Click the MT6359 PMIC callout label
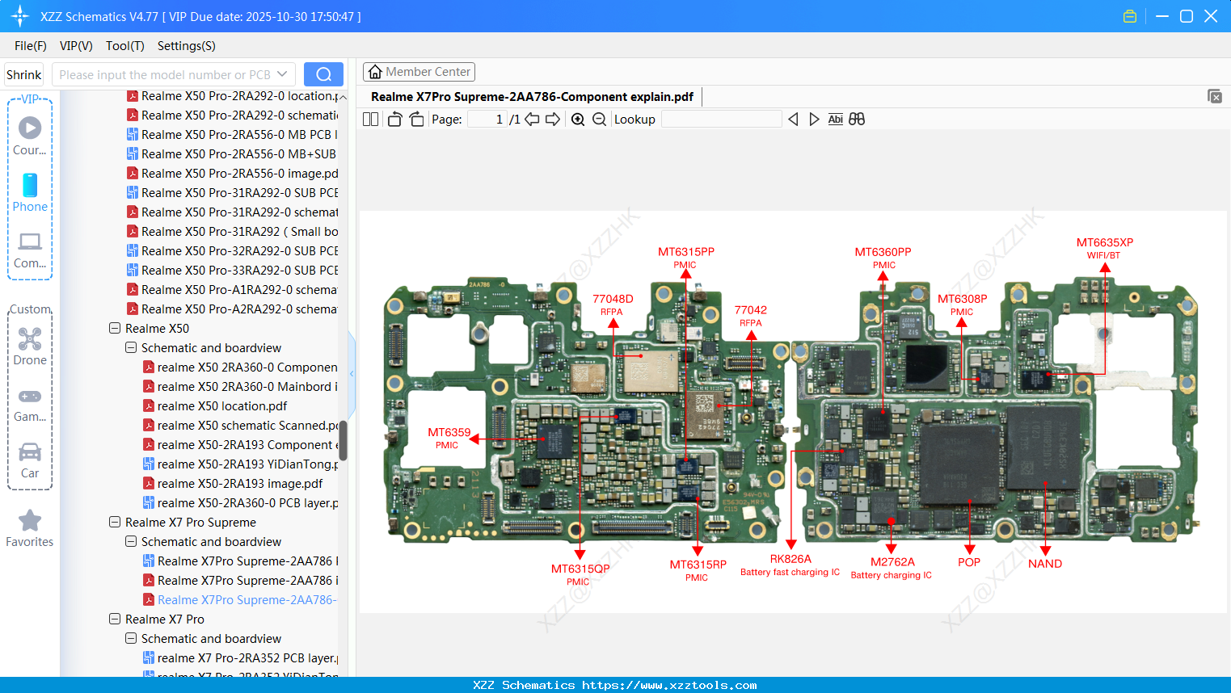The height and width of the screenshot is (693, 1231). pos(449,437)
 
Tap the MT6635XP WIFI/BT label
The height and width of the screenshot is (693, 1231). pos(1104,247)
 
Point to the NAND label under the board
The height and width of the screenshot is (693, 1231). pos(1044,564)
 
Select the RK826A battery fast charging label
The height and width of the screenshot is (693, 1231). pos(790,564)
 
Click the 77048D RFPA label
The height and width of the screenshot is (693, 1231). pos(613,304)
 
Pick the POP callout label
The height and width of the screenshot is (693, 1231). pos(968,562)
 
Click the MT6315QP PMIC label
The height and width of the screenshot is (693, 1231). pos(580,573)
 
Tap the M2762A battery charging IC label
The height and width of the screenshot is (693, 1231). pos(892,567)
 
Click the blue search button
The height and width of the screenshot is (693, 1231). pos(323,74)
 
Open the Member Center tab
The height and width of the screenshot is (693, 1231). pos(419,72)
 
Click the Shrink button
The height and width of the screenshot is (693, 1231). pos(24,74)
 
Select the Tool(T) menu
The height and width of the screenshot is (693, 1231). pos(124,46)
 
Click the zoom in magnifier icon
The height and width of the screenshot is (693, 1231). pos(578,120)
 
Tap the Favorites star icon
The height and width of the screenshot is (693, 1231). pos(30,521)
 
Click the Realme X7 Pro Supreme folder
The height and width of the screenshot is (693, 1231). pos(190,523)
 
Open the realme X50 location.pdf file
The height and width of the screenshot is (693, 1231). pos(221,406)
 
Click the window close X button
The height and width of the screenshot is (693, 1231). pos(1210,16)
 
